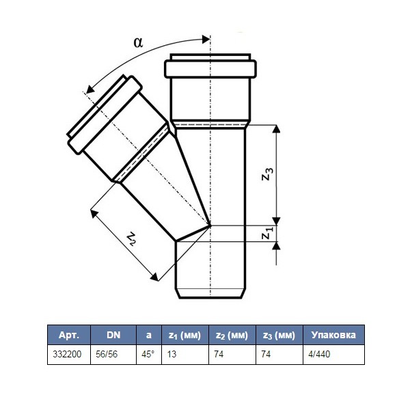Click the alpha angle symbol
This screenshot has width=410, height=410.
pos(138,42)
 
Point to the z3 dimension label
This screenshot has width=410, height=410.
pos(267,174)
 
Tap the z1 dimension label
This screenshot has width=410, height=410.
pos(267,233)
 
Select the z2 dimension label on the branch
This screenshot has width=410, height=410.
pos(131,238)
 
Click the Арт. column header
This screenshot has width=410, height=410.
pos(69,335)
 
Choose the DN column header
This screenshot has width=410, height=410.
pos(113,335)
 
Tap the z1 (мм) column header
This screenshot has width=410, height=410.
pos(185,336)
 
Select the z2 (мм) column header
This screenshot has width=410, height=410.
pos(232,336)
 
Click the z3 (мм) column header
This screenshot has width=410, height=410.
pos(279,336)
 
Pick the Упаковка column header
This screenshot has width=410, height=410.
pos(333,335)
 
